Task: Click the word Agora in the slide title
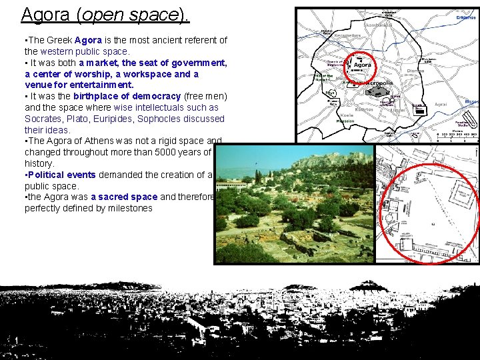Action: click(x=44, y=13)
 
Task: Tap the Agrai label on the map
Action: click(x=441, y=105)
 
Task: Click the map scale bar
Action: click(x=457, y=138)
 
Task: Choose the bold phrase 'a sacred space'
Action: click(x=124, y=197)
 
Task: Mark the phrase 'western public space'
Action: click(x=85, y=51)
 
